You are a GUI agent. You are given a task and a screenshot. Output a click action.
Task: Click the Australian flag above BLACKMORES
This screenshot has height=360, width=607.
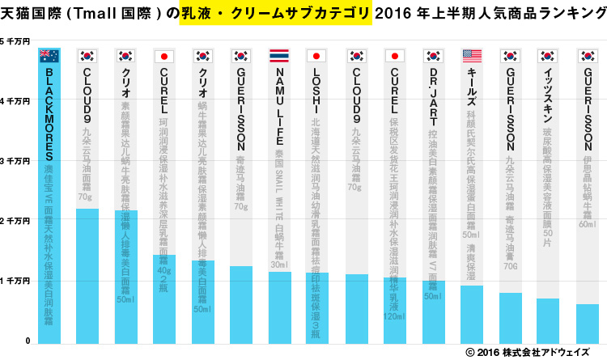click(x=49, y=56)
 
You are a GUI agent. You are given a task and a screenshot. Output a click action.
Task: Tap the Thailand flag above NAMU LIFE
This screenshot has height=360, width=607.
click(x=280, y=56)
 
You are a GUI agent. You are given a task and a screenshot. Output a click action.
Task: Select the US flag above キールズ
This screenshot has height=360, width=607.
click(x=472, y=56)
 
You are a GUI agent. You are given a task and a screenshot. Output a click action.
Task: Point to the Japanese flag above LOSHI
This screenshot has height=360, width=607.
click(x=318, y=56)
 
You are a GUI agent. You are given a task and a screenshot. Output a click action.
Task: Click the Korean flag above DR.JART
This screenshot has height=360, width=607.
click(x=434, y=56)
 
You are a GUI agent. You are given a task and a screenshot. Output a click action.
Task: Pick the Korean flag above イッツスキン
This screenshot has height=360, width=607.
click(x=549, y=56)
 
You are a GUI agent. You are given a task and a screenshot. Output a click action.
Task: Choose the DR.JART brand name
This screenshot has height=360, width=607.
click(x=434, y=94)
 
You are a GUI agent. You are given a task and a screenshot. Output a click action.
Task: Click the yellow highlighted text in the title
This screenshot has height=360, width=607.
click(x=275, y=13)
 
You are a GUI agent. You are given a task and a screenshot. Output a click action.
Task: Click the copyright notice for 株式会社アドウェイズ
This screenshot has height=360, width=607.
click(x=535, y=353)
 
